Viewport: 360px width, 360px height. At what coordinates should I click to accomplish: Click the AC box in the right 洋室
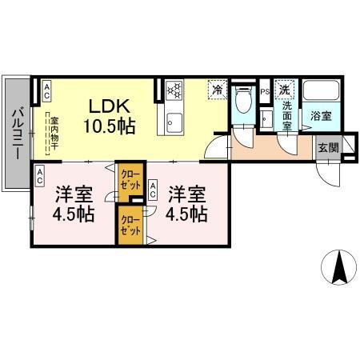click(154, 190)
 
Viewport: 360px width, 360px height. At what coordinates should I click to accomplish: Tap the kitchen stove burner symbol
click(175, 90)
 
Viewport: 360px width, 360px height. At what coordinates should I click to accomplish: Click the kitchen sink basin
click(174, 124)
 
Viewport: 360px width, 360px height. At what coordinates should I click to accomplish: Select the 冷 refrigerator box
click(218, 90)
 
